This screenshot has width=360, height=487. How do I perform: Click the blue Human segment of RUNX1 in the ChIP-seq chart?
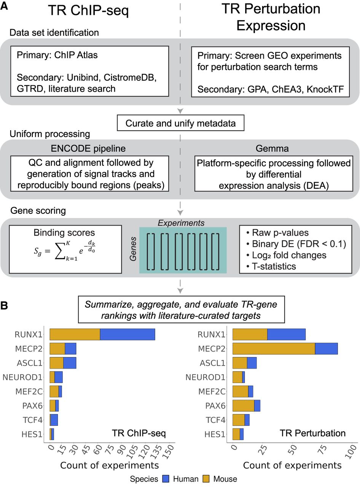(127, 334)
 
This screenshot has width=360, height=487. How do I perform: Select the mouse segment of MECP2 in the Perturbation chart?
(273, 349)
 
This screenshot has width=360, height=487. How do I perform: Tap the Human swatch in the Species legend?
(165, 479)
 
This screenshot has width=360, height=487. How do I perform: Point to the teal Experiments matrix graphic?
(183, 250)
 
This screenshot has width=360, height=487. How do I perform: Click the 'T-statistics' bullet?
(272, 266)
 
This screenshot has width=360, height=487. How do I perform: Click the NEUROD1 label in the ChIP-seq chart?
(24, 377)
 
